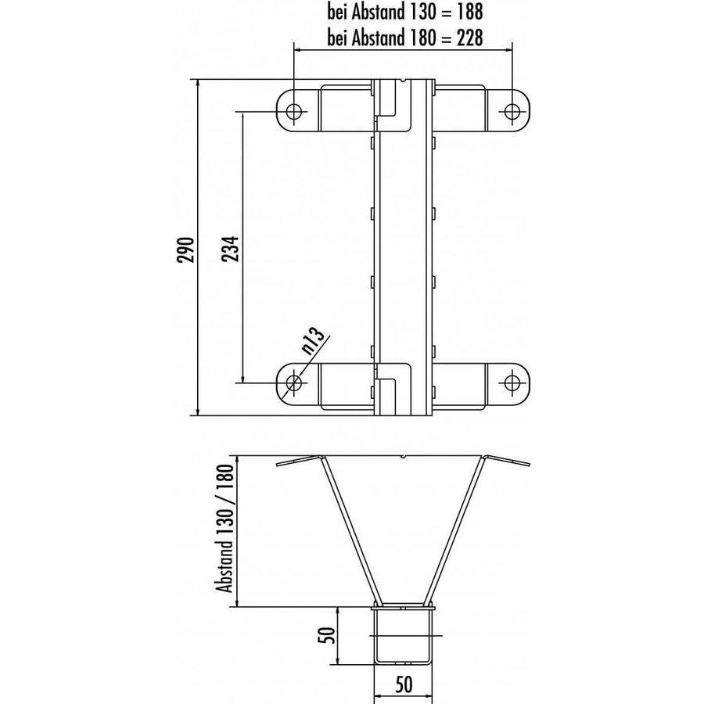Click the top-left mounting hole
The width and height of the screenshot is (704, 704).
coord(295,111)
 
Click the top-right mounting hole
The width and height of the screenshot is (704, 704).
coord(512,111)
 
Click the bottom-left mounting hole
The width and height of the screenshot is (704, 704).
coord(295,383)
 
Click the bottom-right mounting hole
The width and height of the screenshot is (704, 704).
coord(512,383)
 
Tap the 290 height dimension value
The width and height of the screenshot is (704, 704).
coord(186,248)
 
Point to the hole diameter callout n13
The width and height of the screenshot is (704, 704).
coord(314,341)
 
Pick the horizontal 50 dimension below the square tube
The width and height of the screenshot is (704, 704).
coord(404,686)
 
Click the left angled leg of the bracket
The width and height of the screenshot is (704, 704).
coord(348,532)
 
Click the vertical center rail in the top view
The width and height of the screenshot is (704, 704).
coord(404,250)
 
